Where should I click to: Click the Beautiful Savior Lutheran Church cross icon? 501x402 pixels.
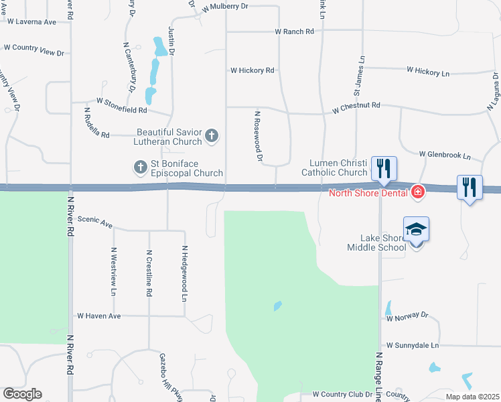pyautogui.click(x=212, y=136)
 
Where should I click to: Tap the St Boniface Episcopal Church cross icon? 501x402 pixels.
pyautogui.click(x=140, y=167)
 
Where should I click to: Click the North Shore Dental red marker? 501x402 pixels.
pyautogui.click(x=418, y=193)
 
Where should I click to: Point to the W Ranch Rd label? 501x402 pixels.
pyautogui.click(x=294, y=31)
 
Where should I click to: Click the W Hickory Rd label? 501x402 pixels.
pyautogui.click(x=253, y=70)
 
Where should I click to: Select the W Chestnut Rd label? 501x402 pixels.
pyautogui.click(x=356, y=106)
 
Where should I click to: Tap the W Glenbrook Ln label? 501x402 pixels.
pyautogui.click(x=445, y=155)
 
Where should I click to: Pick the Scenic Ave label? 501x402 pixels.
pyautogui.click(x=95, y=222)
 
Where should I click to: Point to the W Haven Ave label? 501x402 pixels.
pyautogui.click(x=98, y=316)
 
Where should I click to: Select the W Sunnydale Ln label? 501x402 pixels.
pyautogui.click(x=412, y=345)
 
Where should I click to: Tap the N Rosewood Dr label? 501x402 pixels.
pyautogui.click(x=257, y=137)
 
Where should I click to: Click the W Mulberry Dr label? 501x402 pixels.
pyautogui.click(x=225, y=6)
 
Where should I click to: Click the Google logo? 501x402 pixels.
pyautogui.click(x=22, y=394)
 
